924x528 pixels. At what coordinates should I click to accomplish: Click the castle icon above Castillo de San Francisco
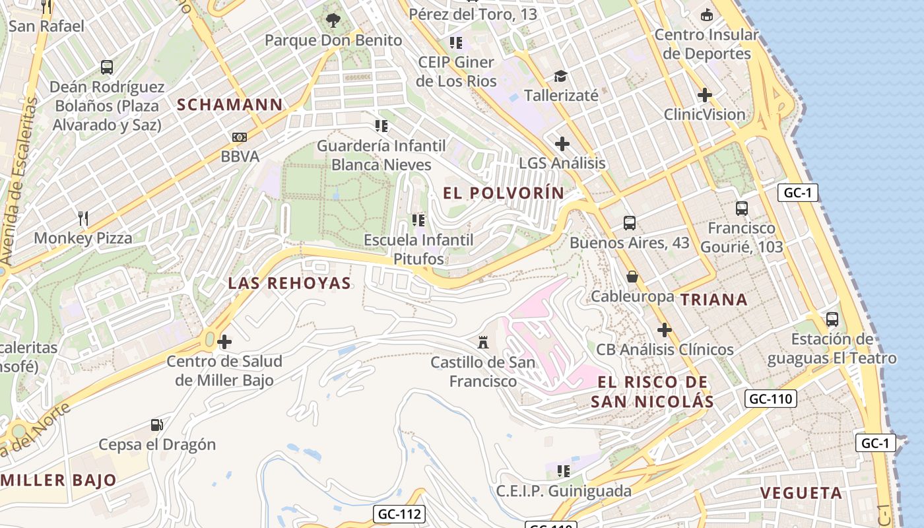(484, 342)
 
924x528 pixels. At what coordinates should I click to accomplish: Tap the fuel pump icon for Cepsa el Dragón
(156, 425)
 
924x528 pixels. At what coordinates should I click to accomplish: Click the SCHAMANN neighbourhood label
(230, 104)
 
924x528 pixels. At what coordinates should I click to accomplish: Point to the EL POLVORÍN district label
(504, 193)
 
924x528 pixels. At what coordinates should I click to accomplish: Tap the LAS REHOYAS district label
(289, 283)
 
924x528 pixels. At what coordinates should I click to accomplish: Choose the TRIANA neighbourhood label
(713, 300)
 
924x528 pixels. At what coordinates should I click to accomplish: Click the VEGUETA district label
(801, 493)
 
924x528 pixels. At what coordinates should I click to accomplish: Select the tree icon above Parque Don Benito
(333, 20)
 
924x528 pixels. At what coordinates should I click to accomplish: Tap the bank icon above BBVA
(240, 137)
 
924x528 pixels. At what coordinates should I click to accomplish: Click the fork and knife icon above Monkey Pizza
(83, 218)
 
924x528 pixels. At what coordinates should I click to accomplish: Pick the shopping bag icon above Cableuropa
(632, 277)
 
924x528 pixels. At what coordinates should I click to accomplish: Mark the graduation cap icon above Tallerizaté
(560, 76)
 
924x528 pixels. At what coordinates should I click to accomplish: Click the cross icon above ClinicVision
(704, 95)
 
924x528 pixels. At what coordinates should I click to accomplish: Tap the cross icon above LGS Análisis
(562, 143)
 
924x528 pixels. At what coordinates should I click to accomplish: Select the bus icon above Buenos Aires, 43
(629, 223)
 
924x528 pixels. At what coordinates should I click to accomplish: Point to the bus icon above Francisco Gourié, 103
(741, 209)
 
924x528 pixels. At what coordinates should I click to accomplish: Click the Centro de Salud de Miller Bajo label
(224, 370)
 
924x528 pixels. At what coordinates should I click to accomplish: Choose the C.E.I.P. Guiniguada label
(563, 490)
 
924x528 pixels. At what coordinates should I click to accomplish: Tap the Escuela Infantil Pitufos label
(418, 249)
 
